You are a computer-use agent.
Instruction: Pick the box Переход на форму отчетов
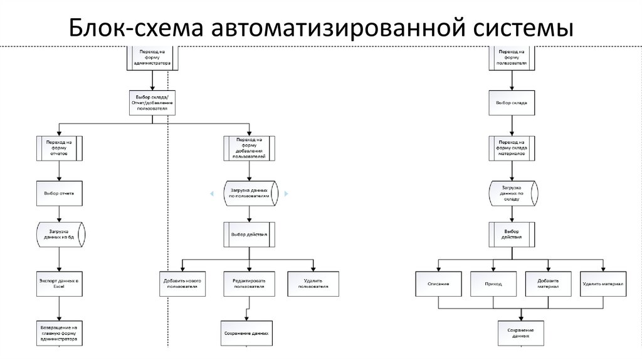(60, 148)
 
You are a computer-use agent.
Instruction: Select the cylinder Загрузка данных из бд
(60, 235)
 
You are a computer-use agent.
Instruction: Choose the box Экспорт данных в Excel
(60, 283)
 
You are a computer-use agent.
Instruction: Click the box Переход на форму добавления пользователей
(249, 148)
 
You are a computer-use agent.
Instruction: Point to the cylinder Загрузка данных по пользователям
(249, 194)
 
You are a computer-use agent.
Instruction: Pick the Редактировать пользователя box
(249, 283)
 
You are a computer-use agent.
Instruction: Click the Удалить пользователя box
(313, 283)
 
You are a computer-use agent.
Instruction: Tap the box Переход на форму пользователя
(512, 57)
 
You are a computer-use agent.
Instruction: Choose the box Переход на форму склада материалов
(512, 148)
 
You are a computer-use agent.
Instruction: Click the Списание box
(438, 284)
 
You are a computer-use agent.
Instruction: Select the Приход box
(493, 284)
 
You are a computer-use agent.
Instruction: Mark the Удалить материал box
(603, 284)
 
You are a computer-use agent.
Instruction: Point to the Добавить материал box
(548, 284)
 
